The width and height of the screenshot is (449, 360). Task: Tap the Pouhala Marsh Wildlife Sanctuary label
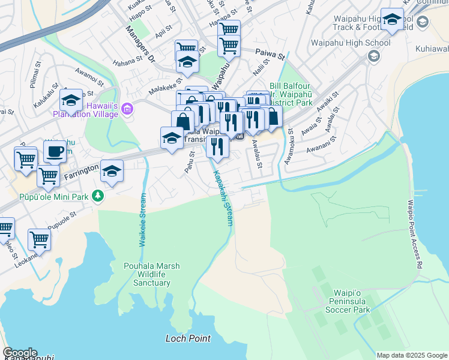pyautogui.click(x=151, y=274)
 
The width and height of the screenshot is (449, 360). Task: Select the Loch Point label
pyautogui.click(x=188, y=338)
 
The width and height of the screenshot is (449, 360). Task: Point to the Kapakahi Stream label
pyautogui.click(x=222, y=196)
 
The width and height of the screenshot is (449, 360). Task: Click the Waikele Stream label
pyautogui.click(x=143, y=220)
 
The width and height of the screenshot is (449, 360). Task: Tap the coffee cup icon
pyautogui.click(x=55, y=152)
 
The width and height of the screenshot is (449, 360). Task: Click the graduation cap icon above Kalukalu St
pyautogui.click(x=71, y=101)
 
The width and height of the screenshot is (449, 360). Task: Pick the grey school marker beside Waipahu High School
pyautogui.click(x=373, y=56)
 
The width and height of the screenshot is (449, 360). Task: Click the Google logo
pyautogui.click(x=20, y=353)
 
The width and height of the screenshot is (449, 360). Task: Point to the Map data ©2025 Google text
pyautogui.click(x=411, y=355)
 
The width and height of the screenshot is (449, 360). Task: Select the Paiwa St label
pyautogui.click(x=270, y=55)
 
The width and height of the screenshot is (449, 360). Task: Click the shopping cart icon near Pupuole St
pyautogui.click(x=39, y=239)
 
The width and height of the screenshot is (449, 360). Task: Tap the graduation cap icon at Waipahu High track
pyautogui.click(x=392, y=20)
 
